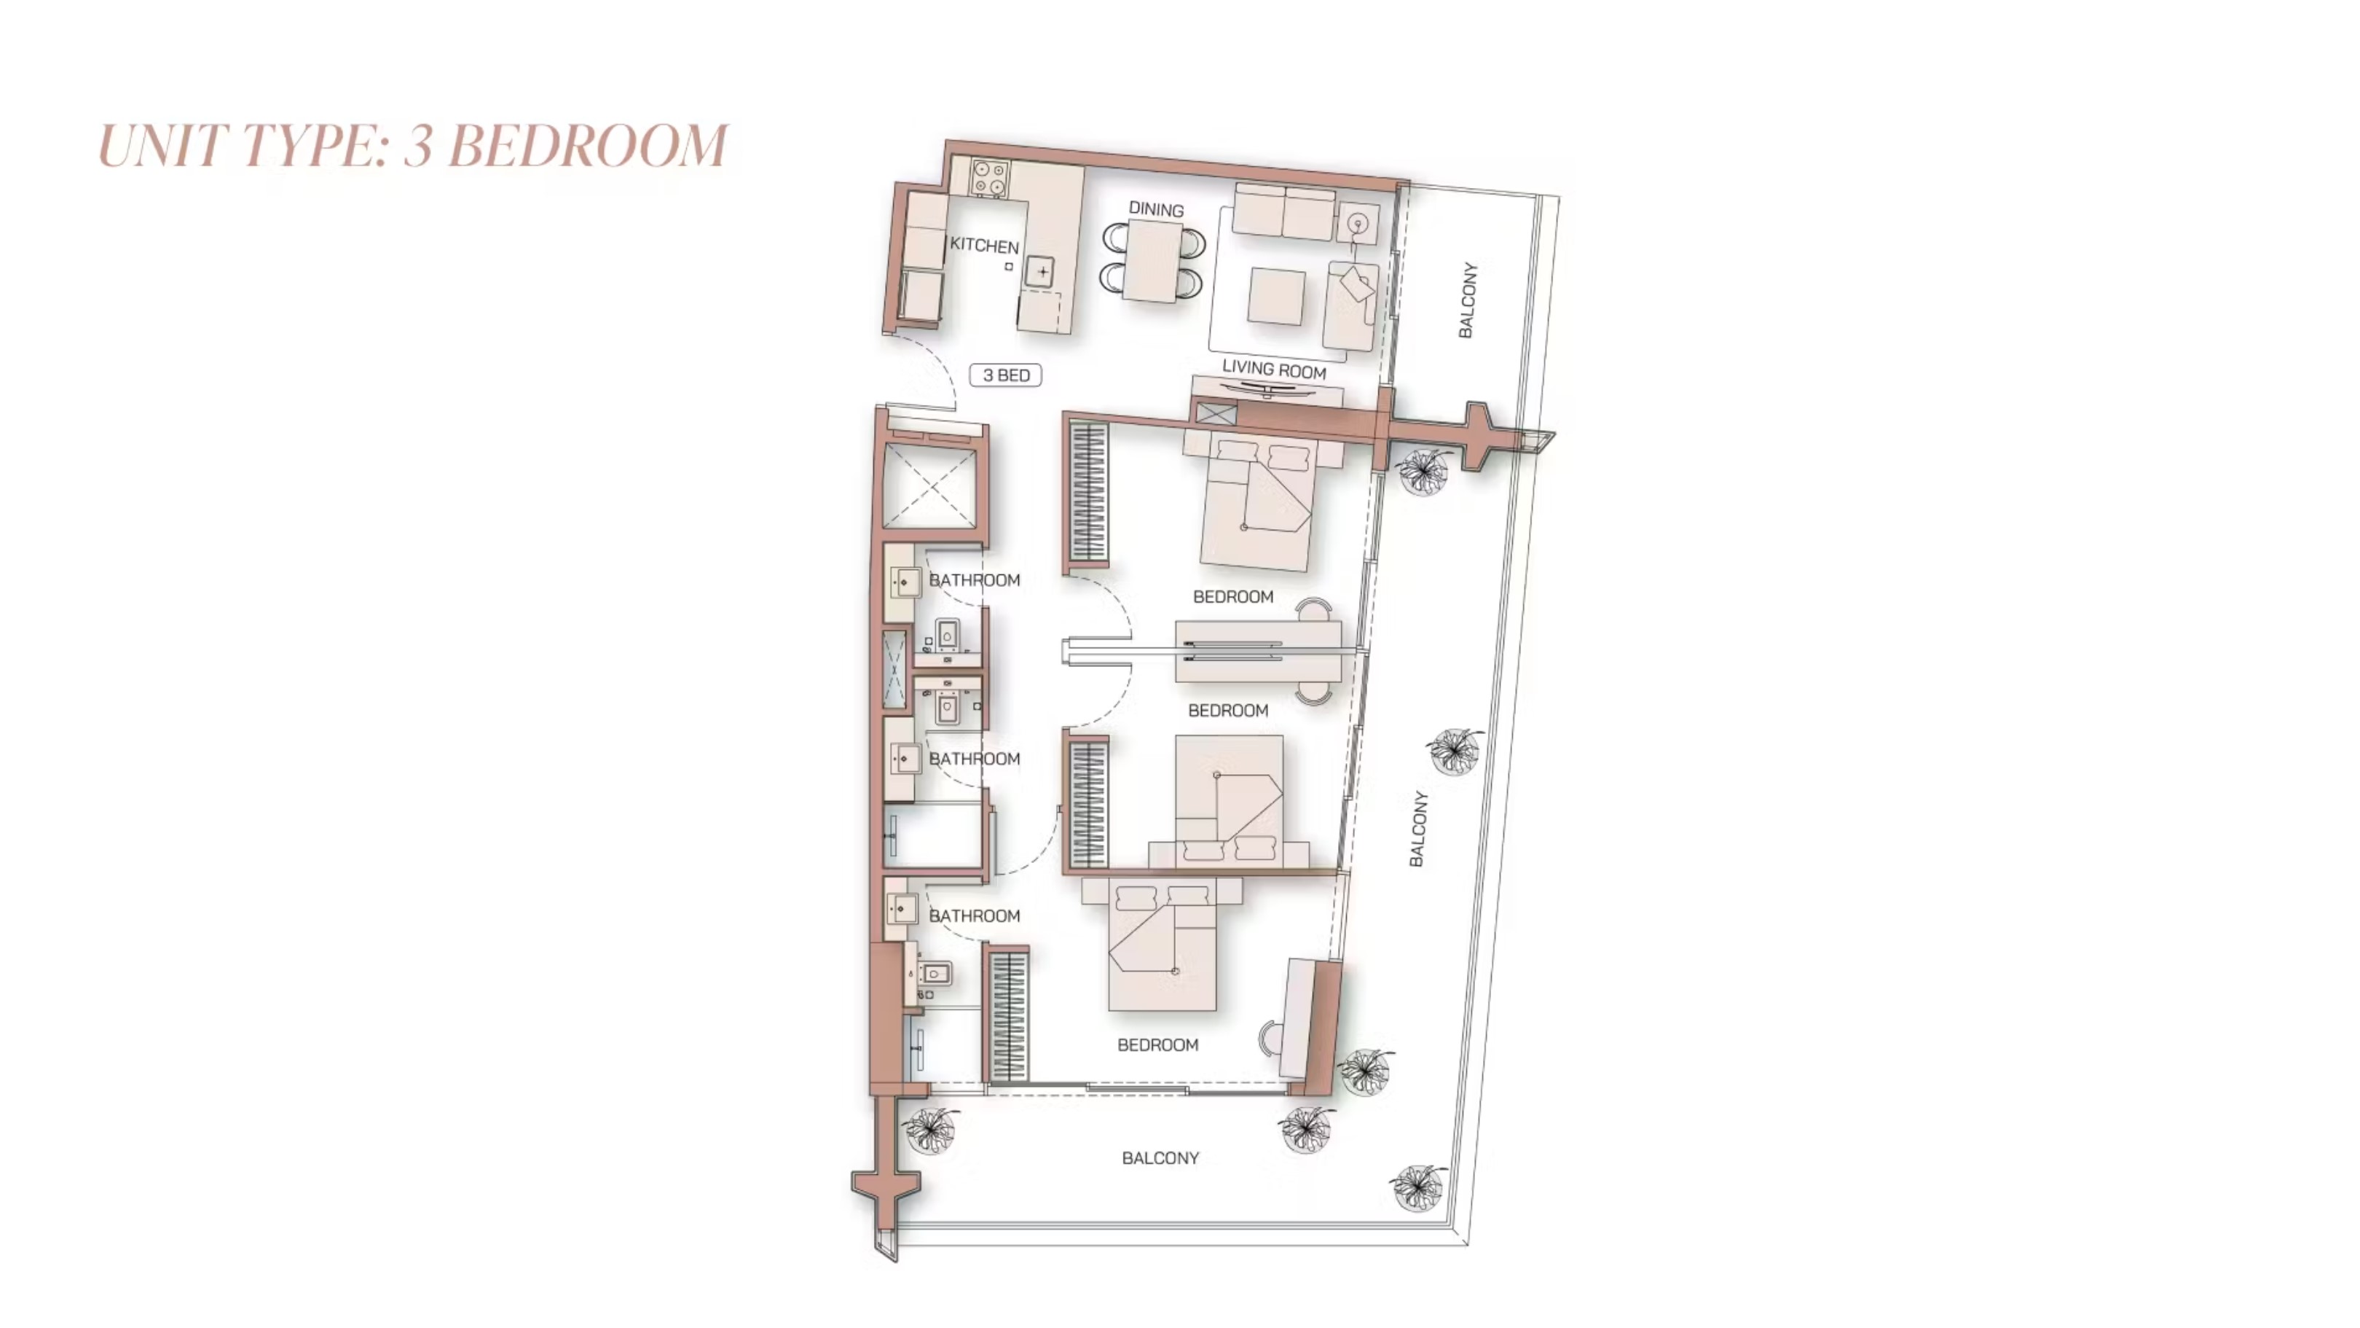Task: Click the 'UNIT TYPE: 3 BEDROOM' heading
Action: [413, 146]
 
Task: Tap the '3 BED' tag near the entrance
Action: [1006, 375]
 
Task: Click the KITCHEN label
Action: [984, 245]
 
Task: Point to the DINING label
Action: [1156, 209]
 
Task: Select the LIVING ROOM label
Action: [1273, 370]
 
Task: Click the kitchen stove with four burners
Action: [989, 178]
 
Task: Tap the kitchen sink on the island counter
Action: [1040, 271]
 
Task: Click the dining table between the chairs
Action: [1154, 261]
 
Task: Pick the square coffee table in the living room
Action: [1276, 296]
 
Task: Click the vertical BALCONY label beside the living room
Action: [1468, 300]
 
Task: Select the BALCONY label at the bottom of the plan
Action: [1160, 1157]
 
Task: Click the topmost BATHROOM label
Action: [974, 580]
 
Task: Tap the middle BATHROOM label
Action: [974, 759]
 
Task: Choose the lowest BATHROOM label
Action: [974, 915]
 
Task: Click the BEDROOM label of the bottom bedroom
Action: [1158, 1044]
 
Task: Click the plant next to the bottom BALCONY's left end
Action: [931, 1129]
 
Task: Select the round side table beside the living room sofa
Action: [1357, 223]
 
